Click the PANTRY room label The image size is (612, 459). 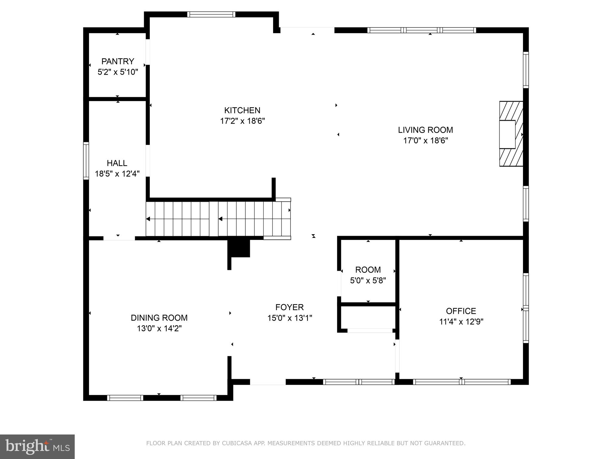pos(118,61)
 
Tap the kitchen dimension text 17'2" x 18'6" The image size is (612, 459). pos(242,121)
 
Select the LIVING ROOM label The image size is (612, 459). pos(425,130)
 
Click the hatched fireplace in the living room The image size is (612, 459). pos(511,134)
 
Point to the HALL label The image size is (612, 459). pos(117,163)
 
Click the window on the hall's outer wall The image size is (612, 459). pos(86,161)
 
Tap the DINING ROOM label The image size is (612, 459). pos(159,318)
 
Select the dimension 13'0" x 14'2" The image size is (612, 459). pos(159,328)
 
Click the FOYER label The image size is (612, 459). pos(289,307)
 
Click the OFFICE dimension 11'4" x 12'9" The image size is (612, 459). pos(461,322)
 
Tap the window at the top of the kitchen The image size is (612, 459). pos(211,14)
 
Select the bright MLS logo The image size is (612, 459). pos(37,446)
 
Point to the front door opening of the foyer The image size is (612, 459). pos(268,382)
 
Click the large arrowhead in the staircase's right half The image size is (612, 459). pos(221,219)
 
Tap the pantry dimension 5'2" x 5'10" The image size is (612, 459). pos(118,72)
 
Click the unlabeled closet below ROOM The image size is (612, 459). pos(368,317)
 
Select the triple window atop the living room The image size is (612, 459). pos(421,30)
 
